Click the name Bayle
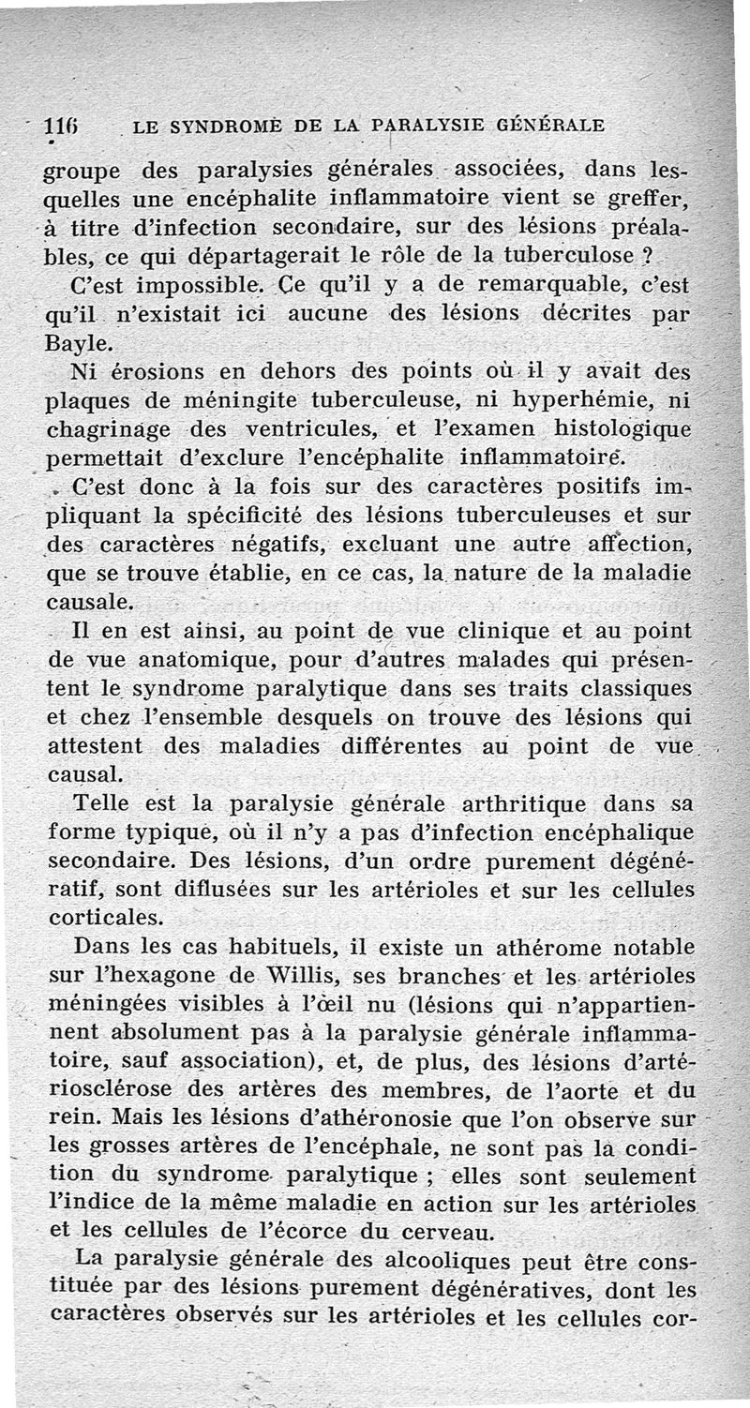(x=75, y=343)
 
